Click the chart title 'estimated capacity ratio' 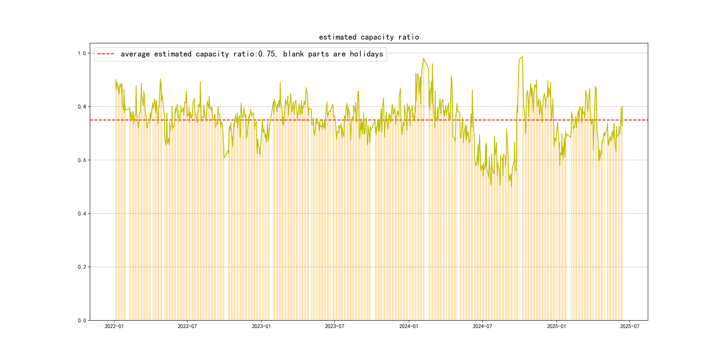369,37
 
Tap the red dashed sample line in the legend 106,54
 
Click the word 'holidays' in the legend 366,54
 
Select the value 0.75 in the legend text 267,54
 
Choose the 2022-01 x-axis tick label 114,326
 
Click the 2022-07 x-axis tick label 187,326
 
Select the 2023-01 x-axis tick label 261,326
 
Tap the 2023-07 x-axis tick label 335,326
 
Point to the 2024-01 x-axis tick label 409,326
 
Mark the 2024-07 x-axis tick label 482,326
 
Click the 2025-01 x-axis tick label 556,326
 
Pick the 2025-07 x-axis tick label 629,326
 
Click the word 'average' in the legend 135,54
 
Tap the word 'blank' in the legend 293,54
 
